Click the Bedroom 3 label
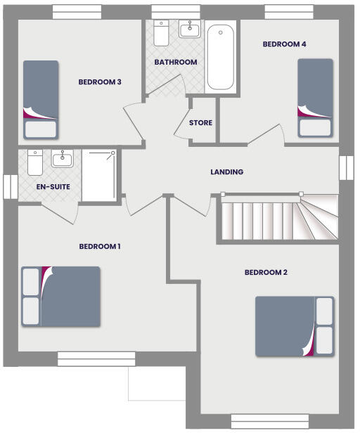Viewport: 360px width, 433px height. [100, 82]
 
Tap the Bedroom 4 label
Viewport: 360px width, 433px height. [284, 44]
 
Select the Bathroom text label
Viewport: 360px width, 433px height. [176, 63]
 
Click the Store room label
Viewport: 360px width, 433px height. [201, 123]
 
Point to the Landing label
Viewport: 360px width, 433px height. [227, 172]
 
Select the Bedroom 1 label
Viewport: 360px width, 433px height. [100, 247]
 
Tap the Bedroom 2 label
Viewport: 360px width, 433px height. [266, 273]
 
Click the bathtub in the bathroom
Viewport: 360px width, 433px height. [220, 57]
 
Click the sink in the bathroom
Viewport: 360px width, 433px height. [189, 30]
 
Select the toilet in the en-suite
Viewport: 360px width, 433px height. [35, 162]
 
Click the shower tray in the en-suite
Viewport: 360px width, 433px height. [98, 176]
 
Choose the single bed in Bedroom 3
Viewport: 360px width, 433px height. [41, 99]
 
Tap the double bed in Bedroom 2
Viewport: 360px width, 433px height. [294, 326]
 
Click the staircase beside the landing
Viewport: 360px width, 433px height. [278, 219]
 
